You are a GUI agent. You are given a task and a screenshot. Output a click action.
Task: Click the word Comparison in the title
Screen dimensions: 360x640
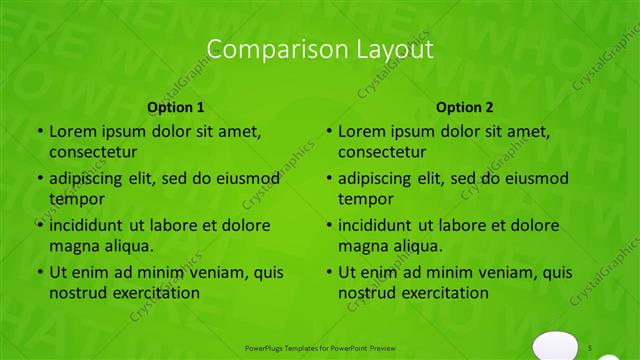tap(261, 49)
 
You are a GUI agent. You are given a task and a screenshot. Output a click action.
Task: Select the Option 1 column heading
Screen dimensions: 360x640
tap(176, 107)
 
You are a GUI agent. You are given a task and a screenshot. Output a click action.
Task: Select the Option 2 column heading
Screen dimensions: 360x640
tap(465, 107)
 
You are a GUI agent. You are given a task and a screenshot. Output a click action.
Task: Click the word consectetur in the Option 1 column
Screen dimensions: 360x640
tap(93, 152)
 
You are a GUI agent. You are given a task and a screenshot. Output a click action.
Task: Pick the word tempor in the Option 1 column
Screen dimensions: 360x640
tap(75, 199)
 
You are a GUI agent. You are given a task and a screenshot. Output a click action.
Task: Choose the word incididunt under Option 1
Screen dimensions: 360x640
tap(89, 225)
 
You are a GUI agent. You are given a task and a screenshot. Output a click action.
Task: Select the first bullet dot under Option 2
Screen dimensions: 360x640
tap(329, 131)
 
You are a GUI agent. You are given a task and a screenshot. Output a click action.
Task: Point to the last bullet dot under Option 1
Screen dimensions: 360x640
tap(40, 272)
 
